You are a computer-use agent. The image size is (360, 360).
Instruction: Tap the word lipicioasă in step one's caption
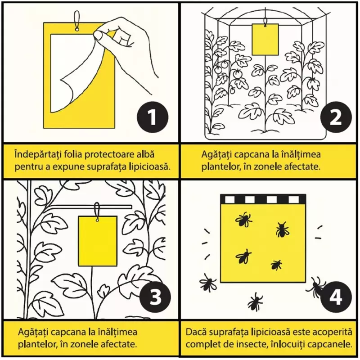coord(152,167)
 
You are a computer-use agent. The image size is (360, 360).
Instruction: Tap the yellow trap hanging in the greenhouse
coord(265,39)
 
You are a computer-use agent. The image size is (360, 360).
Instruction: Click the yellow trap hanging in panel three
coord(98,241)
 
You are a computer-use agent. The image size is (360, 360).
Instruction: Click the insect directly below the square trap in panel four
coord(255,302)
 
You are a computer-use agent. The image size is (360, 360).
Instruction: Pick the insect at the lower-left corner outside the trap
coord(208,282)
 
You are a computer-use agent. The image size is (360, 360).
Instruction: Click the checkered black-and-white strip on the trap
coord(263,199)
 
